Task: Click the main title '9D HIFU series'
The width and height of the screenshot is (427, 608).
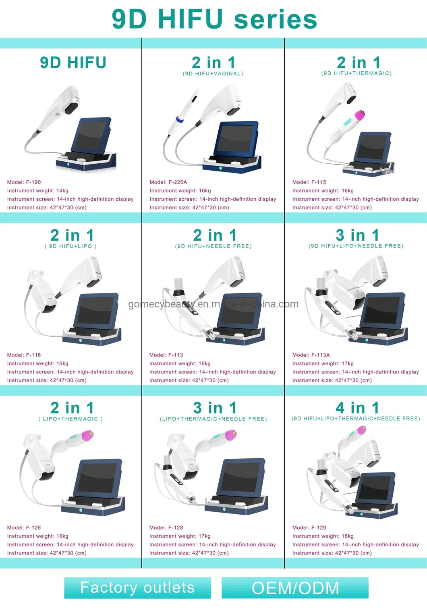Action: (x=214, y=19)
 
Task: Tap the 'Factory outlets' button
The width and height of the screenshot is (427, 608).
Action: (x=137, y=587)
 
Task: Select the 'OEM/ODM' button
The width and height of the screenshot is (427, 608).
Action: (x=295, y=588)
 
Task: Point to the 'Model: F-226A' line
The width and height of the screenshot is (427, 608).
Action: (x=168, y=182)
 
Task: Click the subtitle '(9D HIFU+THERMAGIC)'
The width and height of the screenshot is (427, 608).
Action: (x=356, y=73)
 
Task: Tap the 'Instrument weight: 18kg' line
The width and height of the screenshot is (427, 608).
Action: (x=323, y=536)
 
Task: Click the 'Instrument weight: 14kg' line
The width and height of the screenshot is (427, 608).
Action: (x=37, y=191)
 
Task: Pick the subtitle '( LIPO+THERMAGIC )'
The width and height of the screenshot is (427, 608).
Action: (x=70, y=419)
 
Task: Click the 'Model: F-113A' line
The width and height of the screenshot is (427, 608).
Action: (x=311, y=355)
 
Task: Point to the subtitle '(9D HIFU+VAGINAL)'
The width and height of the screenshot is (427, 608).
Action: (x=213, y=74)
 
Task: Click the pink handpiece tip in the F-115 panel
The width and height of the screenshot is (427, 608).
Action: (x=359, y=115)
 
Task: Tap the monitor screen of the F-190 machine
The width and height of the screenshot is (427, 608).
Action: (x=92, y=135)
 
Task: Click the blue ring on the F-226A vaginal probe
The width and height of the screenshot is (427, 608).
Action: (x=180, y=120)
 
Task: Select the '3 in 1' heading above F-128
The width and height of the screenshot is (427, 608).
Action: (x=215, y=408)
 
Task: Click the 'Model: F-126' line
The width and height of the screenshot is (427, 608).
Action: (x=24, y=528)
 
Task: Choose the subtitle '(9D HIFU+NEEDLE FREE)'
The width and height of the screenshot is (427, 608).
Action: (x=213, y=246)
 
